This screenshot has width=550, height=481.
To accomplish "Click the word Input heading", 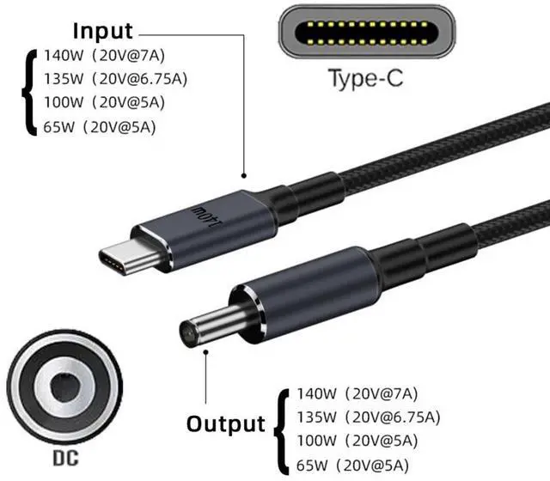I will click(102, 32).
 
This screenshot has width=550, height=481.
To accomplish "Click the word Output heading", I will click(226, 423).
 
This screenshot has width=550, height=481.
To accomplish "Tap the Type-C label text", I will click(365, 80).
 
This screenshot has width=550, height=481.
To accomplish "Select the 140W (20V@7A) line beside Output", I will click(356, 395).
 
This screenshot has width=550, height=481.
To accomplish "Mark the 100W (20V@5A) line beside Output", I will click(357, 441).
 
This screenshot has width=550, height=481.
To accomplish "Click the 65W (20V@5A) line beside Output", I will click(353, 465).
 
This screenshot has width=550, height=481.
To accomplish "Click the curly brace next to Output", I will click(278, 427).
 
